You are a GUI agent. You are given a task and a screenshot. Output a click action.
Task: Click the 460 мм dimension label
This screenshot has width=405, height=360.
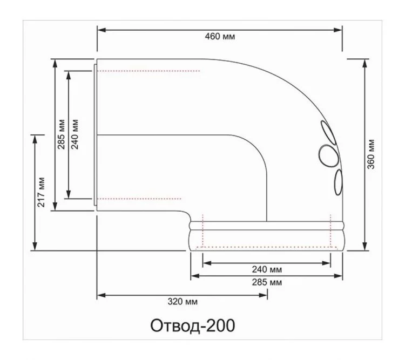pyautogui.click(x=220, y=36)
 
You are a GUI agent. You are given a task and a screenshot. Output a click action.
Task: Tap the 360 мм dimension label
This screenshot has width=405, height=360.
pyautogui.click(x=371, y=154)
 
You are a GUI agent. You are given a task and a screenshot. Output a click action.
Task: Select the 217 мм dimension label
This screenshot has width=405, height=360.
pyautogui.click(x=41, y=192)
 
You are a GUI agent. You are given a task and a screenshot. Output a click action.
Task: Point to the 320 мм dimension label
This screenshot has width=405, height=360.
pyautogui.click(x=183, y=301)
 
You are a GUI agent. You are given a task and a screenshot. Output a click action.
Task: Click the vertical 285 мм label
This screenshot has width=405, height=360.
pyautogui.click(x=61, y=134)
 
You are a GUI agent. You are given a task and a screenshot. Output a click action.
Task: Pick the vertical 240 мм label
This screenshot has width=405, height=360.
pyautogui.click(x=75, y=134)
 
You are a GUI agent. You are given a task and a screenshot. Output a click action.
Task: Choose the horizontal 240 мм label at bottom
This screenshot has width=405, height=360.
pyautogui.click(x=267, y=269)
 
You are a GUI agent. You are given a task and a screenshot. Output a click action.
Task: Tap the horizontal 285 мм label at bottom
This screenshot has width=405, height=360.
pyautogui.click(x=267, y=282)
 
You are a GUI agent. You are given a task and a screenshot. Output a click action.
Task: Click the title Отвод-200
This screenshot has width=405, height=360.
pyautogui.click(x=193, y=325)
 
